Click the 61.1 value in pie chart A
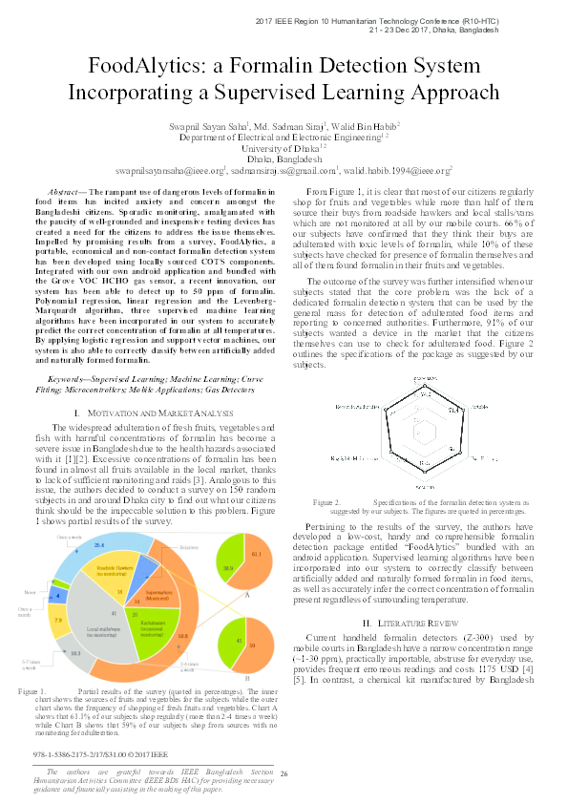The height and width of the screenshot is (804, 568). click(256, 554)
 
